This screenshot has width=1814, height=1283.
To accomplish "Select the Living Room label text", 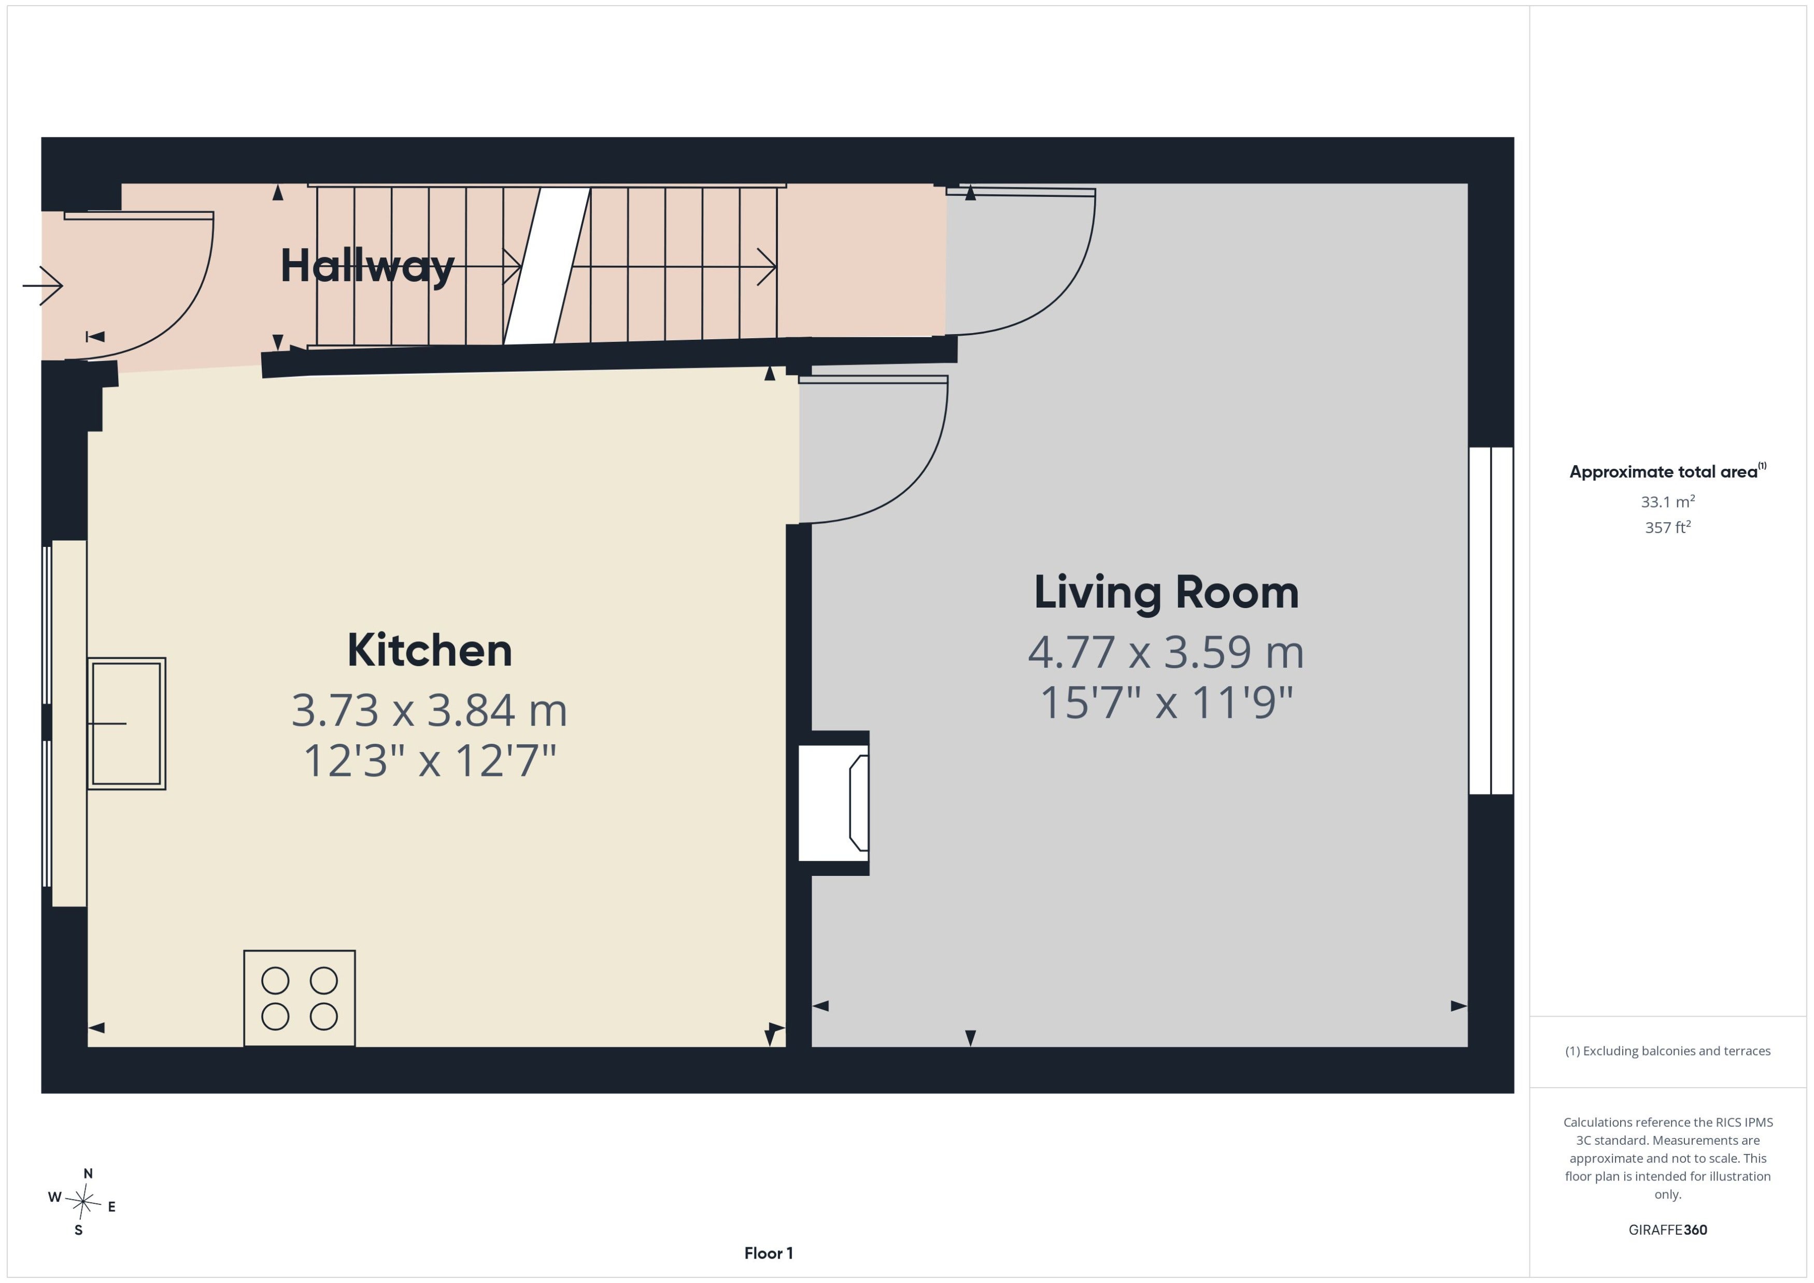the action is (1166, 593).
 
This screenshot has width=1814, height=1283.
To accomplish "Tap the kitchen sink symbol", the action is (126, 723).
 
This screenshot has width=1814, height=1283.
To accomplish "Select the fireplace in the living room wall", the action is (834, 803).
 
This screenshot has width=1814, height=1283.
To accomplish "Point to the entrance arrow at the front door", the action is (42, 285).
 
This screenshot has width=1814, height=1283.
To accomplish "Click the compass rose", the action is (82, 1202).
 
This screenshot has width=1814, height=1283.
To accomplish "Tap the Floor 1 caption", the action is (768, 1253).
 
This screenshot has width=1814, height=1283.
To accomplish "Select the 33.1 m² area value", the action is (1668, 502).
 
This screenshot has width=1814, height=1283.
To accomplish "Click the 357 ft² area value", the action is (1668, 527).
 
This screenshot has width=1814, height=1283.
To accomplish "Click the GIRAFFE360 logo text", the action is (1668, 1229).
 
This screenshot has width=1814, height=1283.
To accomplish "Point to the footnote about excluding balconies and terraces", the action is (1668, 1051).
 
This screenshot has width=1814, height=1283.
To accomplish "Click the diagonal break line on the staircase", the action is (547, 265).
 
